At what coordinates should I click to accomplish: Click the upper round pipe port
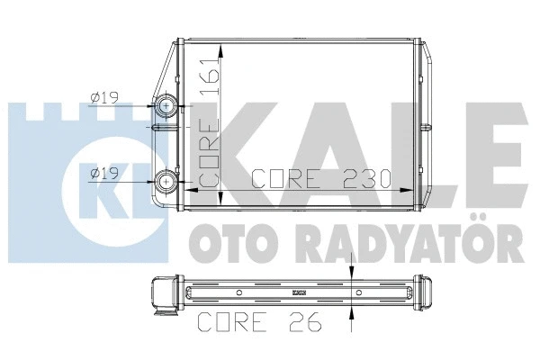click(x=168, y=107)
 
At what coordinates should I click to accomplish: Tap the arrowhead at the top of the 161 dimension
click(x=232, y=47)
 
